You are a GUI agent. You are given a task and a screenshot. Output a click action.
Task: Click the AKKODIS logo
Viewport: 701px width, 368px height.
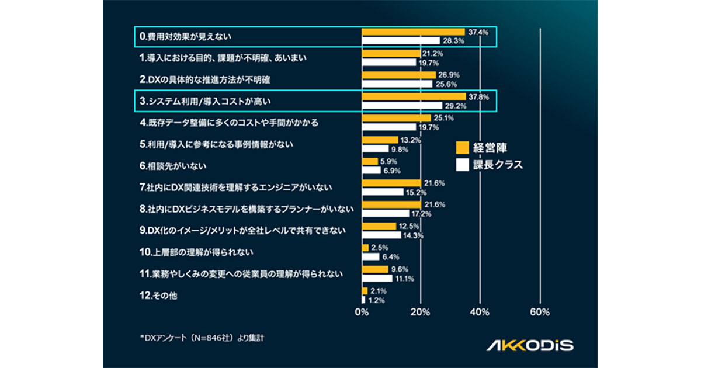(x=530, y=345)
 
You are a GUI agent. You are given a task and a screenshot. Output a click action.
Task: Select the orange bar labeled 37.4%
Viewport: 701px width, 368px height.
(x=413, y=32)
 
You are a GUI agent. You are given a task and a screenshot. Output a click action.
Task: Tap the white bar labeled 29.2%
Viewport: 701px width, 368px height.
(x=402, y=105)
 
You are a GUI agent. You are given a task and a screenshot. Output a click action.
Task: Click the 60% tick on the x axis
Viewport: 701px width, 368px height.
(x=539, y=312)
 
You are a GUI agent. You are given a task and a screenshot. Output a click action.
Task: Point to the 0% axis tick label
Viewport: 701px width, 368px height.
(x=362, y=312)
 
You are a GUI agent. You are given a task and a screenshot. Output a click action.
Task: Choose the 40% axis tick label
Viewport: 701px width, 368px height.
(x=480, y=312)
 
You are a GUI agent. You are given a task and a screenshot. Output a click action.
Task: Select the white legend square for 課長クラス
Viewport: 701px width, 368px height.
(x=461, y=165)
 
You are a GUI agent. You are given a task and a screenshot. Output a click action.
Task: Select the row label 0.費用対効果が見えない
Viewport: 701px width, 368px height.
(x=185, y=36)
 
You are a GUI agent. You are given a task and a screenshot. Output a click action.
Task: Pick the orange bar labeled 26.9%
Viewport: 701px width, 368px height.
(x=399, y=75)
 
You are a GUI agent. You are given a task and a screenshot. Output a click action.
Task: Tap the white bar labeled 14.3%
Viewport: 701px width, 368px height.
(x=381, y=235)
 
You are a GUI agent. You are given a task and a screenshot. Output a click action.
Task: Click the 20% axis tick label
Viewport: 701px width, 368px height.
(x=421, y=312)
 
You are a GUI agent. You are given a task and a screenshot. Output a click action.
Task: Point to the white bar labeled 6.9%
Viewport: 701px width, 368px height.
(x=372, y=170)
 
